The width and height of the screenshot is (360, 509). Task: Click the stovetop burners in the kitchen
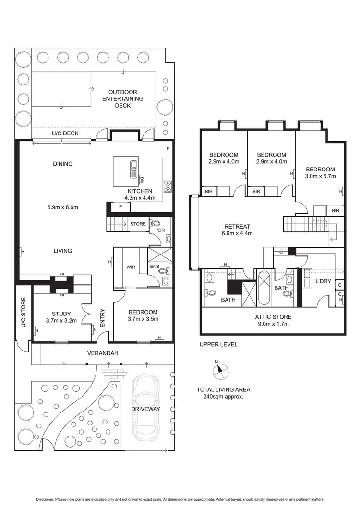point(168,186)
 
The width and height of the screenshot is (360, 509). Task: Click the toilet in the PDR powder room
point(156,224)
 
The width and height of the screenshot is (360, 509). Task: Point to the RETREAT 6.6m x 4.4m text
point(237,230)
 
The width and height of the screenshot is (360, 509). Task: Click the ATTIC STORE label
point(273,320)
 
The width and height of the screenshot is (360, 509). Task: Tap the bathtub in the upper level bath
point(264,289)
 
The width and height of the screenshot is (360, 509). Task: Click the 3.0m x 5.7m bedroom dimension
point(320,176)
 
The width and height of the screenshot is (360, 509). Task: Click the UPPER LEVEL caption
point(218,345)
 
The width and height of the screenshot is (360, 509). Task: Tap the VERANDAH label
point(102,353)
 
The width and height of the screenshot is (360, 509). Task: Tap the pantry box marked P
point(120,207)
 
